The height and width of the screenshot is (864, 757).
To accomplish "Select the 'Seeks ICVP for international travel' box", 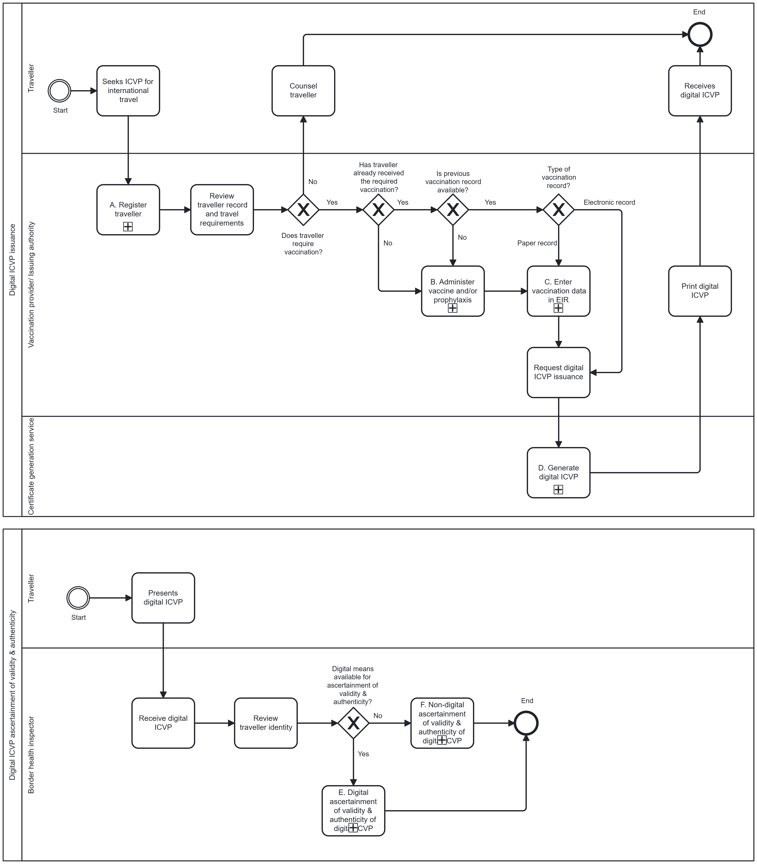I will click(x=128, y=90).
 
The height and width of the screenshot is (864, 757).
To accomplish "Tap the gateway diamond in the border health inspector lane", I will click(x=353, y=723).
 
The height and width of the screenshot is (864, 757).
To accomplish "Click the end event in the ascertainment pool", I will click(x=526, y=723).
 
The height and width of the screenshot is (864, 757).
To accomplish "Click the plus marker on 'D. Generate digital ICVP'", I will click(x=558, y=489).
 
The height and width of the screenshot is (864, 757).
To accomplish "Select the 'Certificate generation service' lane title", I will click(x=31, y=466).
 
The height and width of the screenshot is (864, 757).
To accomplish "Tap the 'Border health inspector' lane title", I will click(x=31, y=754).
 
